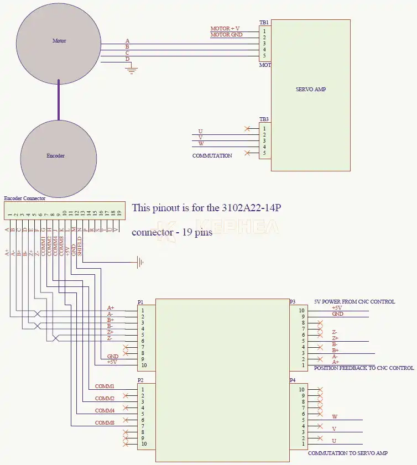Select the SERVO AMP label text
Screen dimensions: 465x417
[x=311, y=89]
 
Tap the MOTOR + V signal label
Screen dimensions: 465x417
[x=225, y=28]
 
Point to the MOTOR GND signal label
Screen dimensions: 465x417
[x=226, y=35]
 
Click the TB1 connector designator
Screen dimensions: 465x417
[x=264, y=23]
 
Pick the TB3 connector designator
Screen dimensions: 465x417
[x=264, y=119]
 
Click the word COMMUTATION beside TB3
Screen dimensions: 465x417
[x=212, y=156]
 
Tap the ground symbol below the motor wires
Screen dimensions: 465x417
[x=132, y=70]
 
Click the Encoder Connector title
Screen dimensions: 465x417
[x=25, y=198]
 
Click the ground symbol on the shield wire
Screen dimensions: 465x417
[x=140, y=262]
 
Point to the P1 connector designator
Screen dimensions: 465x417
[x=140, y=302]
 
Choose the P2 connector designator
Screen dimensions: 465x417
[x=140, y=380]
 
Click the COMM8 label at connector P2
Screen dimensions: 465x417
[x=105, y=423]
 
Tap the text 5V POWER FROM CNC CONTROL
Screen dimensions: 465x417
[x=355, y=302]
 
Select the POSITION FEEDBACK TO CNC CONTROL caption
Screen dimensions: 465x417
[x=363, y=368]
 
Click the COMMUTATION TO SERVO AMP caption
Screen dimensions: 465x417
[x=347, y=453]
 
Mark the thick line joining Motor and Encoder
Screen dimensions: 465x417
[x=59, y=100]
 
